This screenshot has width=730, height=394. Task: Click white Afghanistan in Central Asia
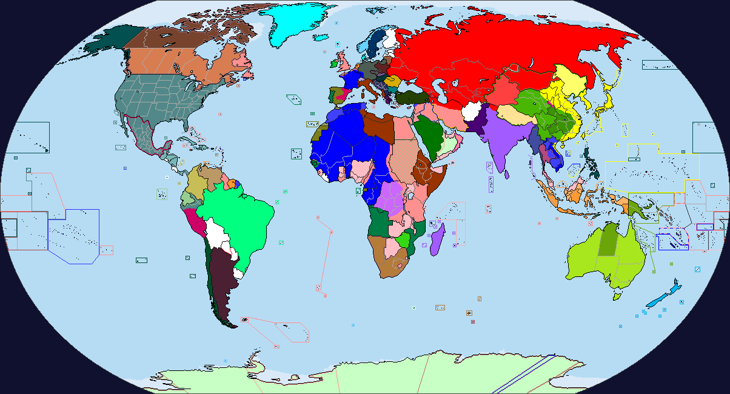(x=471, y=111)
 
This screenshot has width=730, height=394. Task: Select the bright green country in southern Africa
(x=401, y=239)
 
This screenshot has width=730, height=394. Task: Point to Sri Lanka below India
(x=507, y=175)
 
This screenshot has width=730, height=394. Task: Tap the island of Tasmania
(x=617, y=296)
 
